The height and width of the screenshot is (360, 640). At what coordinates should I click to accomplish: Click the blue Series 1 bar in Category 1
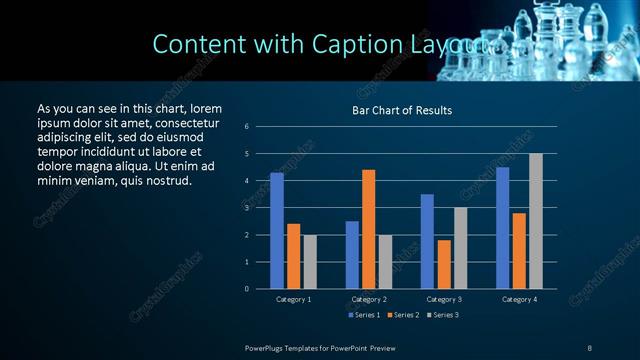(x=277, y=231)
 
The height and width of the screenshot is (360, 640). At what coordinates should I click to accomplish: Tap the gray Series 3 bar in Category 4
(x=536, y=221)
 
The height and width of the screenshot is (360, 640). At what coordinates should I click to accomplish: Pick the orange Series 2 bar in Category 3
(x=444, y=264)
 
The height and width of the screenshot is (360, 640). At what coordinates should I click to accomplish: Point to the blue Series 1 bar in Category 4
(x=502, y=228)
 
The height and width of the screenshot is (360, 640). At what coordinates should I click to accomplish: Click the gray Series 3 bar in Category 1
(x=310, y=262)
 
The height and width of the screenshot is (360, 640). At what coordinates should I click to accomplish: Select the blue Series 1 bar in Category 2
(x=352, y=255)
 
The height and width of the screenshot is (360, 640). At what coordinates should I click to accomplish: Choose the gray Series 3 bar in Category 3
(x=460, y=248)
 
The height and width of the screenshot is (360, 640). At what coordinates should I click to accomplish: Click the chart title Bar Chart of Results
(x=402, y=110)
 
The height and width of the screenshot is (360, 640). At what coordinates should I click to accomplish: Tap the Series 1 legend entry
(x=363, y=315)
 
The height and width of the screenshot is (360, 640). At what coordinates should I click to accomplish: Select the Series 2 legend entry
(x=402, y=315)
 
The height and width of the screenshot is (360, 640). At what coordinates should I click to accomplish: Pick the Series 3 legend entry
(x=441, y=315)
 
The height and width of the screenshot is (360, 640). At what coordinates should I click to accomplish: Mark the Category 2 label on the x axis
(x=369, y=299)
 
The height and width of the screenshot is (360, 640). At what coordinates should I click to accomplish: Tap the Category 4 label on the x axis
(x=519, y=299)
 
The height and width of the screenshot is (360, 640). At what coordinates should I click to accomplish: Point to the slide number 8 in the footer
(x=589, y=346)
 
